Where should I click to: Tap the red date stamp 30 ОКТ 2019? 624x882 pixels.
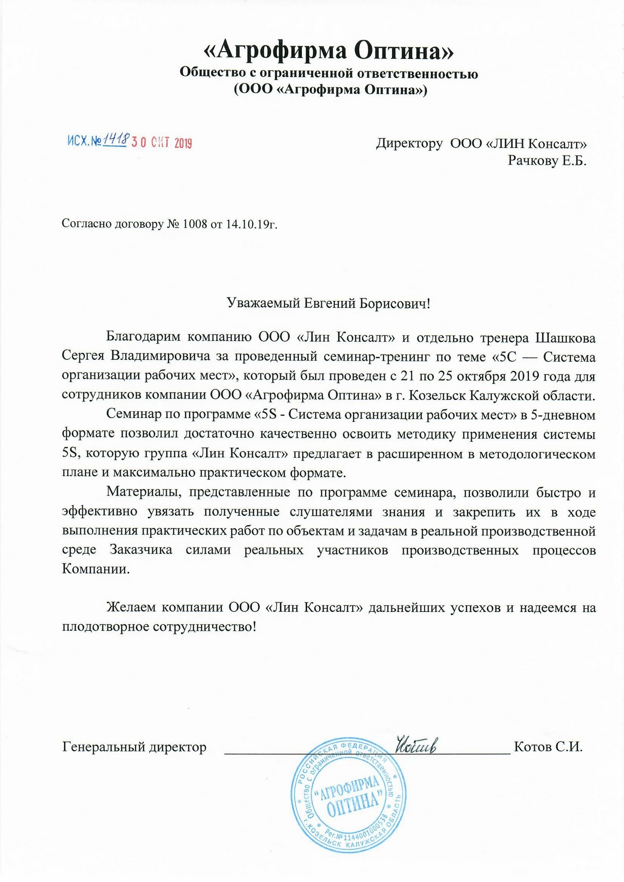coord(161,143)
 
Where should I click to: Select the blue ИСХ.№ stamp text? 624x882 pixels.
coord(84,141)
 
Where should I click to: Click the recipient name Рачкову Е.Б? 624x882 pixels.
coord(547,160)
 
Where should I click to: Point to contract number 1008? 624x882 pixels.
coord(195,224)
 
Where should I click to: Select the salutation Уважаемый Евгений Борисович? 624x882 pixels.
coord(329,304)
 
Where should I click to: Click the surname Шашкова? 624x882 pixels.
coord(565,338)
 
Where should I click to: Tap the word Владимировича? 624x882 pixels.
coord(163,357)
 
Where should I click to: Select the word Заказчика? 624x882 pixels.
coord(141,550)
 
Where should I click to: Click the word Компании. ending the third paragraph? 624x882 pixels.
coord(96,569)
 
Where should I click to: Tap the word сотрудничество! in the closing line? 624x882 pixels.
coord(205,627)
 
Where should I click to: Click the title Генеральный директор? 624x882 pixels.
coord(134,747)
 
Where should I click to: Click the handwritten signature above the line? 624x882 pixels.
coord(416,745)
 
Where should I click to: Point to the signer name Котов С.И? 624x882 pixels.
coord(548,747)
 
